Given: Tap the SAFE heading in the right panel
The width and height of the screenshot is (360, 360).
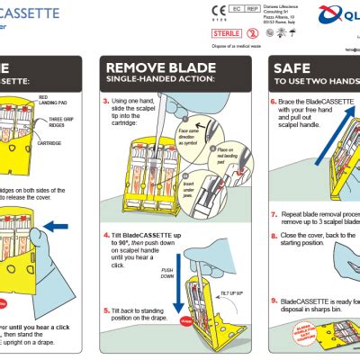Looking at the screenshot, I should [293, 68].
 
